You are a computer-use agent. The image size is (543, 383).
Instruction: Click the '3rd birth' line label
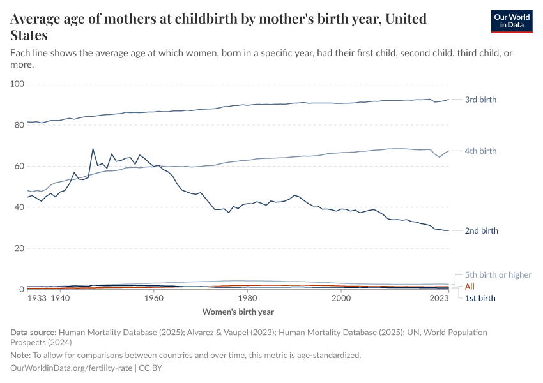(x=480, y=100)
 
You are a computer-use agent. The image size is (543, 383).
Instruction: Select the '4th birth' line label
(x=480, y=151)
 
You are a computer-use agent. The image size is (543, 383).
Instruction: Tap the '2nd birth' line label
(x=480, y=231)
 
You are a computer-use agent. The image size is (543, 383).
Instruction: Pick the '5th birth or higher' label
(x=497, y=275)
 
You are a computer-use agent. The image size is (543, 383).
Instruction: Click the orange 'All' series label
(x=470, y=287)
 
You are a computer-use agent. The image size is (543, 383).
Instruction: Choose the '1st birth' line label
(x=480, y=298)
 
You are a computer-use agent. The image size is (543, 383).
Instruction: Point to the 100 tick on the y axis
(x=18, y=84)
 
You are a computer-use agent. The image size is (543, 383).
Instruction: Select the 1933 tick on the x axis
(x=36, y=298)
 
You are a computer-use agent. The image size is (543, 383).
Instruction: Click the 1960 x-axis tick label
(x=153, y=298)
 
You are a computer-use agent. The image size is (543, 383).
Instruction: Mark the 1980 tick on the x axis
(x=247, y=298)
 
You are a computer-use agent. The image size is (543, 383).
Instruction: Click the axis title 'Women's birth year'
(x=238, y=312)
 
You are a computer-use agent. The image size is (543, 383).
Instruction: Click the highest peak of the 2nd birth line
(x=93, y=149)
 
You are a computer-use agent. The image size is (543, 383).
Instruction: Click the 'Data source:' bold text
(x=33, y=333)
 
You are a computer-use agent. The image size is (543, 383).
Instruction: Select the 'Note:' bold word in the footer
(x=21, y=355)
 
